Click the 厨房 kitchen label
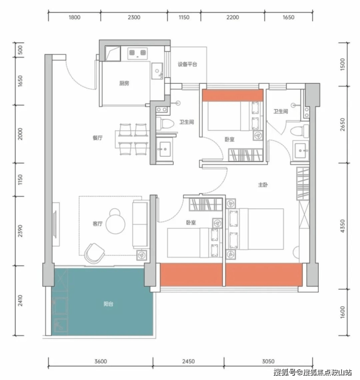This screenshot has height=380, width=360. [x=124, y=83]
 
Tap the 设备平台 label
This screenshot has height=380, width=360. [x=187, y=64]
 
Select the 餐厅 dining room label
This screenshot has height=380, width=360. [x=97, y=138]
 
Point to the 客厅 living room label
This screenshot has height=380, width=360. [x=97, y=223]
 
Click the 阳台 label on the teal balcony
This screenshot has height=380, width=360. [x=108, y=304]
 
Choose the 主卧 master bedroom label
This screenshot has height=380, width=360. [x=263, y=185]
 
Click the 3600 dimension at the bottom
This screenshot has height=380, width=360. [x=101, y=362]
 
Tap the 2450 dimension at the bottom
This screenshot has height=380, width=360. [x=188, y=362]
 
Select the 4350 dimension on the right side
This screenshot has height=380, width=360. [x=342, y=226]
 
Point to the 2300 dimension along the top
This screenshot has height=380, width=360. [x=134, y=17]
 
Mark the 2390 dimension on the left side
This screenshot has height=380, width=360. [x=20, y=231]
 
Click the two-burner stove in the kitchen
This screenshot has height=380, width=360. [x=138, y=53]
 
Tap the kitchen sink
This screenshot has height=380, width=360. [x=157, y=71]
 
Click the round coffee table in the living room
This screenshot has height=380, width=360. [x=116, y=224]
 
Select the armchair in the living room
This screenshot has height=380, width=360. [x=94, y=253]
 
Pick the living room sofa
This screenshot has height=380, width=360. [x=140, y=224]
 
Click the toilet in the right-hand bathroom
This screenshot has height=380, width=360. [x=300, y=131]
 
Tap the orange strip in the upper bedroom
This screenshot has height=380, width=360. [x=233, y=95]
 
